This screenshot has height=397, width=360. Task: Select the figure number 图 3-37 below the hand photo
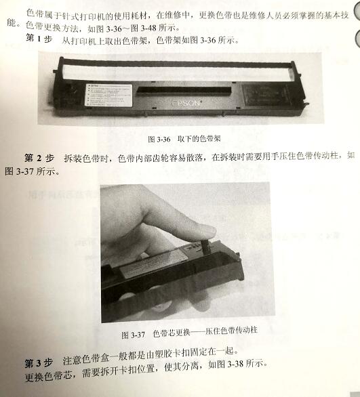click(134, 335)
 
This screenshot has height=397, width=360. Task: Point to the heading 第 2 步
click(37, 157)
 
